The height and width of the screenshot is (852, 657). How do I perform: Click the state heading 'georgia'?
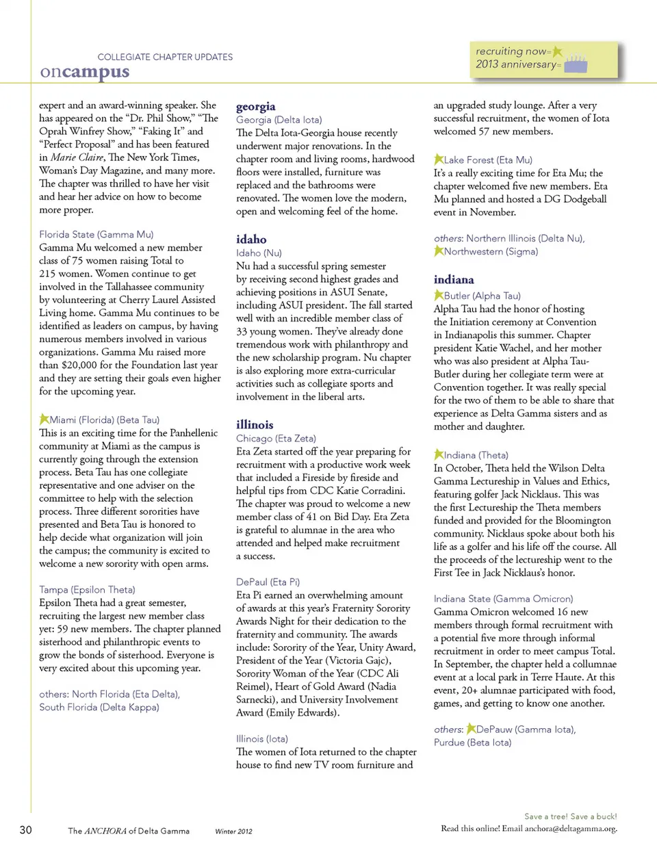(256, 107)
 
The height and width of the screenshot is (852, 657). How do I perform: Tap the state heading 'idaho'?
(251, 240)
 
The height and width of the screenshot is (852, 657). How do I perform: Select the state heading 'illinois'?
(255, 425)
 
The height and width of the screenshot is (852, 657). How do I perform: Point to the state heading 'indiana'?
(454, 280)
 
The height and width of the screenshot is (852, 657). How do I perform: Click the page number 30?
(26, 830)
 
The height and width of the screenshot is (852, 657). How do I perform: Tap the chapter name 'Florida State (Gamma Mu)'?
(96, 234)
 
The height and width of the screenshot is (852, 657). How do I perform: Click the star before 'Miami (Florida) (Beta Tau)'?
(44, 419)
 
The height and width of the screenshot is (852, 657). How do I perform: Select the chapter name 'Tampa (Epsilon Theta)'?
(87, 589)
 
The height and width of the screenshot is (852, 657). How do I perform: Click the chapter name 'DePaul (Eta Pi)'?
(268, 582)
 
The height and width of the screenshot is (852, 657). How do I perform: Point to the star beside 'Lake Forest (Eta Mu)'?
(439, 159)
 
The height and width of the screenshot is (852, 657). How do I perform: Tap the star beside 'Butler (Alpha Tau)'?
(439, 295)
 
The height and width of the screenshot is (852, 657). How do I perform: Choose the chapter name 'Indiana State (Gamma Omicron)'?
(503, 599)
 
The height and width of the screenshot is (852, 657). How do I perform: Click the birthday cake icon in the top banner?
(576, 64)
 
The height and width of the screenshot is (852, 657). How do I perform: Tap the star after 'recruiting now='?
(558, 51)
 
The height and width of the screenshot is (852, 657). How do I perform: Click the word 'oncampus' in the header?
(85, 72)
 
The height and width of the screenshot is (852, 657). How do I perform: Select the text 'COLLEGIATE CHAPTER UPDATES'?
(165, 57)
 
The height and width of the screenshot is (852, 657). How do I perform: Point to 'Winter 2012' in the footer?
(233, 831)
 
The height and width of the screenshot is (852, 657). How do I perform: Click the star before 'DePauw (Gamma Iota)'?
(471, 729)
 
